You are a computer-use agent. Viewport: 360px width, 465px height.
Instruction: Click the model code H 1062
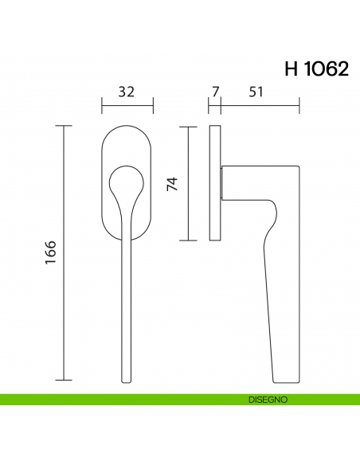tap(315, 68)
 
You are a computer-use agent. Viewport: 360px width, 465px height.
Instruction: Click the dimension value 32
tap(127, 92)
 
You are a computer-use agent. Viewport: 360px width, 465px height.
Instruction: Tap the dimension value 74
tap(171, 184)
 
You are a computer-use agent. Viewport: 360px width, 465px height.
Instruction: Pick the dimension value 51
tap(256, 92)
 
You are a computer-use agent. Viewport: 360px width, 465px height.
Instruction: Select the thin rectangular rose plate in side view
tap(214, 183)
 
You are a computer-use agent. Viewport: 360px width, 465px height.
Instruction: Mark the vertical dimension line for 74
tap(188, 183)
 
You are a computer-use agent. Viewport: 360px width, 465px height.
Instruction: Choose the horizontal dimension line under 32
tap(127, 103)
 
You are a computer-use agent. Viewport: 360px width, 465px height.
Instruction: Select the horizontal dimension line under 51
tap(260, 103)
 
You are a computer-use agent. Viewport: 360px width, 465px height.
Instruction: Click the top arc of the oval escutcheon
tap(127, 127)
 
